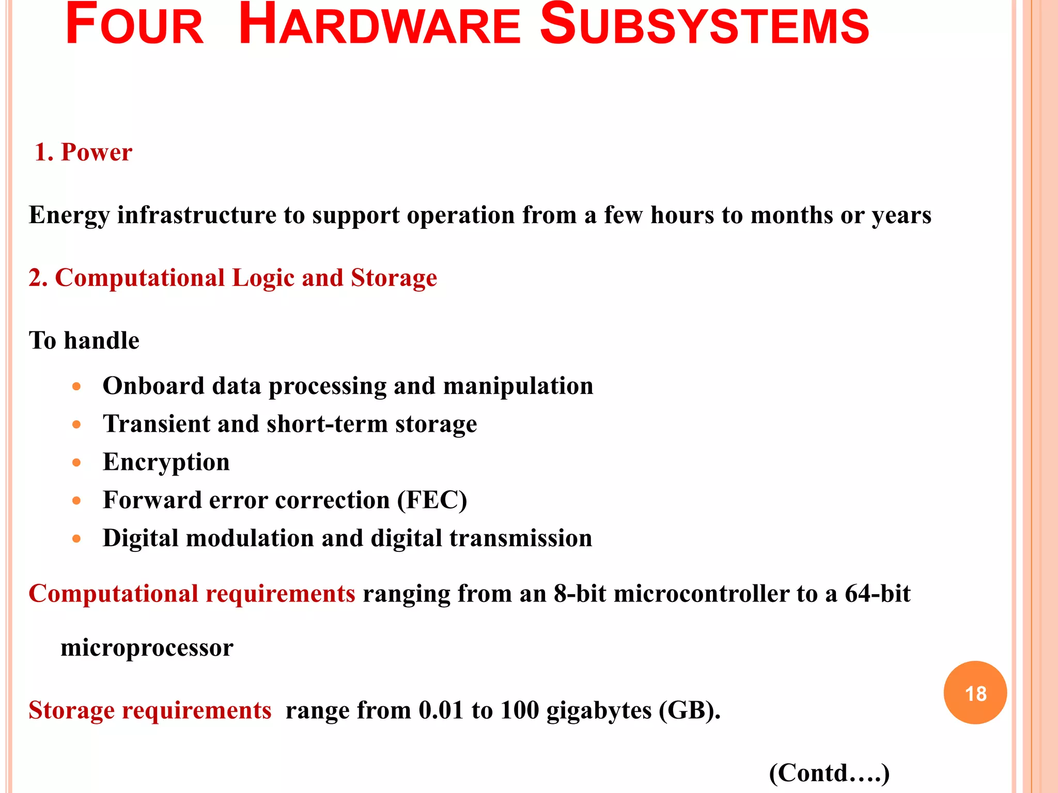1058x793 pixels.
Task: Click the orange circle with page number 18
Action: [x=975, y=692]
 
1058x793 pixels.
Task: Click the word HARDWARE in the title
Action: [x=380, y=26]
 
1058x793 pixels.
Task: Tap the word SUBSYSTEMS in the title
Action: [x=705, y=26]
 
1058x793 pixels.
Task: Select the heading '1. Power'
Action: [x=83, y=152]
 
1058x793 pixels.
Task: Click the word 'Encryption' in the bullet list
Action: [x=166, y=462]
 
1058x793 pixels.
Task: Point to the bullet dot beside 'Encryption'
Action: [x=77, y=463]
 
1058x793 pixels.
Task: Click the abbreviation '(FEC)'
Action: [x=432, y=500]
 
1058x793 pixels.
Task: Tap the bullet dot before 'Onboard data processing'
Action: [x=77, y=387]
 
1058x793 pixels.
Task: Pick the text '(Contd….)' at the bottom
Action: [x=829, y=773]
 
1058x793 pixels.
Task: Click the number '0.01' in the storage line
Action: [x=441, y=710]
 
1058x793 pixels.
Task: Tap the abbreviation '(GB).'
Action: [x=690, y=711]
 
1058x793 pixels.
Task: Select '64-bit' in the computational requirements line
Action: [x=877, y=594]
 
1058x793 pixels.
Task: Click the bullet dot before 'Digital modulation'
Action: [x=77, y=539]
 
